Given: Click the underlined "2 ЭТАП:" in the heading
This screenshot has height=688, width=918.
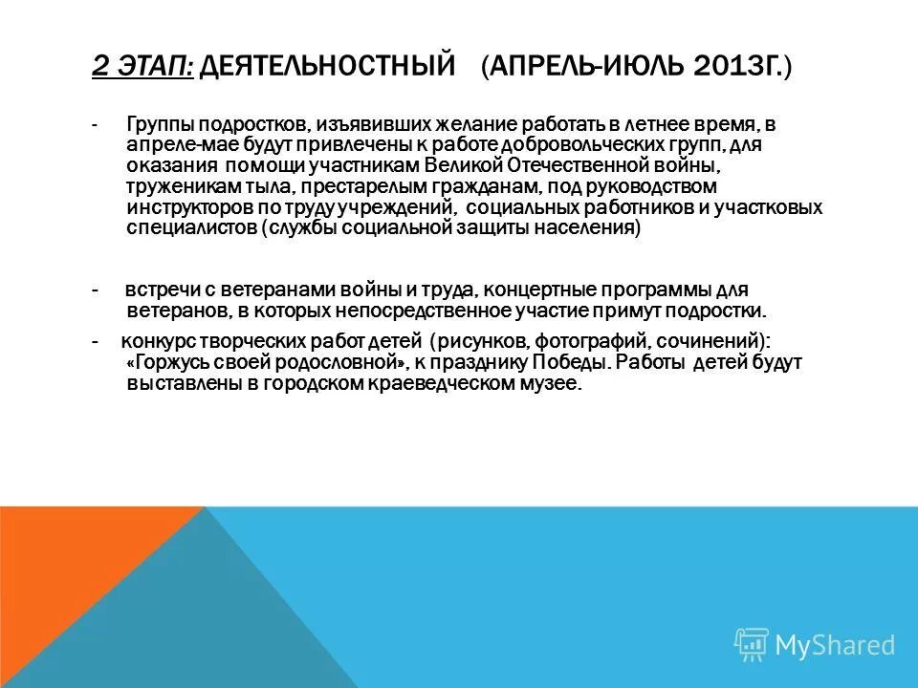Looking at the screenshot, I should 143,66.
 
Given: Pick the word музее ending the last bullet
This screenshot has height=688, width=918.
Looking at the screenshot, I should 554,384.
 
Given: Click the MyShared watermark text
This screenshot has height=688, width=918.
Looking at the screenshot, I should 835,645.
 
